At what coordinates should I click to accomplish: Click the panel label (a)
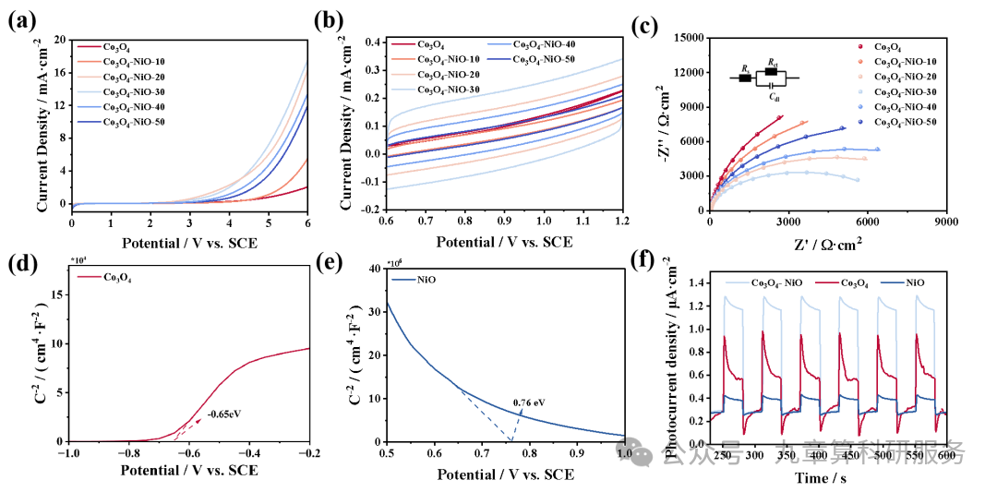click(21, 21)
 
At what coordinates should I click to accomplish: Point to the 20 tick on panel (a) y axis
click(60, 40)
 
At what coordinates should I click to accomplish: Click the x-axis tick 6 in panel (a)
click(307, 224)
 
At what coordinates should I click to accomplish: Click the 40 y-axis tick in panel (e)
click(374, 269)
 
